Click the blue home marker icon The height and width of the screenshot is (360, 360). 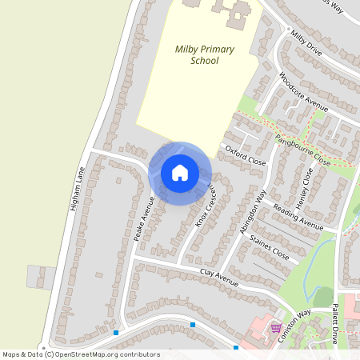point(180,172)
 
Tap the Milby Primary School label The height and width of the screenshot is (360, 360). point(205,54)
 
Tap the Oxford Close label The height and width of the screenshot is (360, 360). point(245,154)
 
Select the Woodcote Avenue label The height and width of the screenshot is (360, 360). point(304,93)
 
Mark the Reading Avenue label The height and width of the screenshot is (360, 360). point(297,217)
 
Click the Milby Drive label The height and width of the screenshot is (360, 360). point(306,43)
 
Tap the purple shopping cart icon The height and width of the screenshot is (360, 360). point(276,328)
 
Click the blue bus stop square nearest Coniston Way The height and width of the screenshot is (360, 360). point(236,347)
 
